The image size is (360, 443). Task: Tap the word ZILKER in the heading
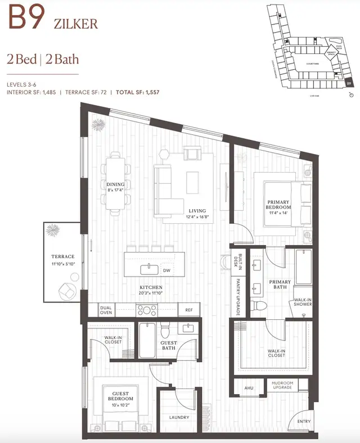click(x=76, y=23)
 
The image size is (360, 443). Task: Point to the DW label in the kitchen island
click(x=166, y=270)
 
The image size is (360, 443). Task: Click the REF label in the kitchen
click(x=188, y=309)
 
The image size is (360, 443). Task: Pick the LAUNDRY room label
click(x=179, y=417)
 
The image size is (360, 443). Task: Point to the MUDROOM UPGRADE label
click(x=282, y=386)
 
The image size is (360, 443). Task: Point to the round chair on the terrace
click(x=67, y=290)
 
